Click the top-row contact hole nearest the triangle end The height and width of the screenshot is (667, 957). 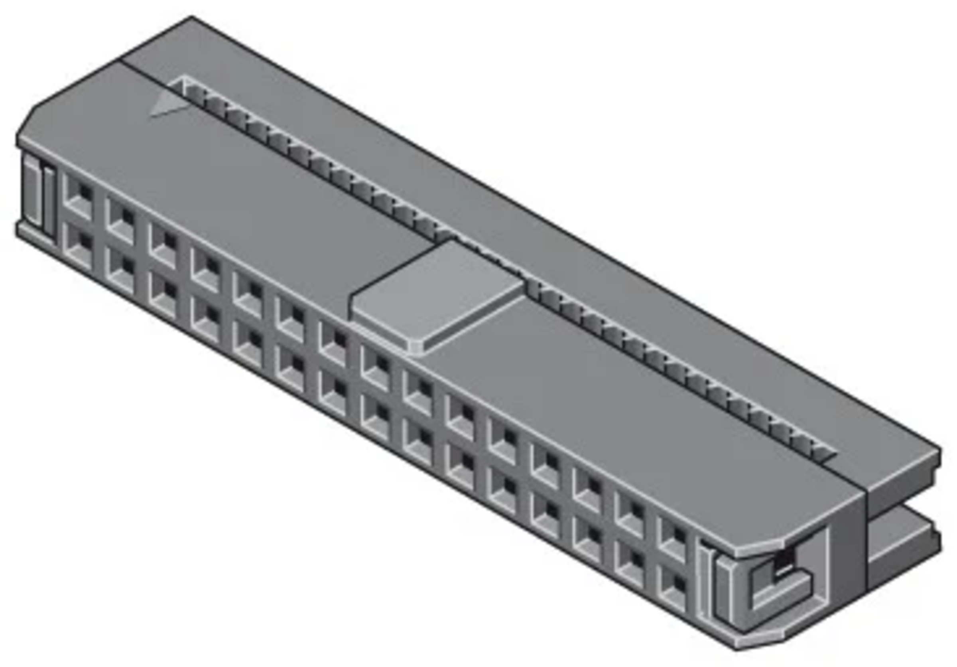pos(79,196)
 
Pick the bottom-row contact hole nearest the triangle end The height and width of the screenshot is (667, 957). pos(79,246)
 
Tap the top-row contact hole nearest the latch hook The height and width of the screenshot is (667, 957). pos(673,540)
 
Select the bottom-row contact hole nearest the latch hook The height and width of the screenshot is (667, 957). pos(673,588)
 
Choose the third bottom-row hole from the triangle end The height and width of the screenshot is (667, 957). pos(164,294)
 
